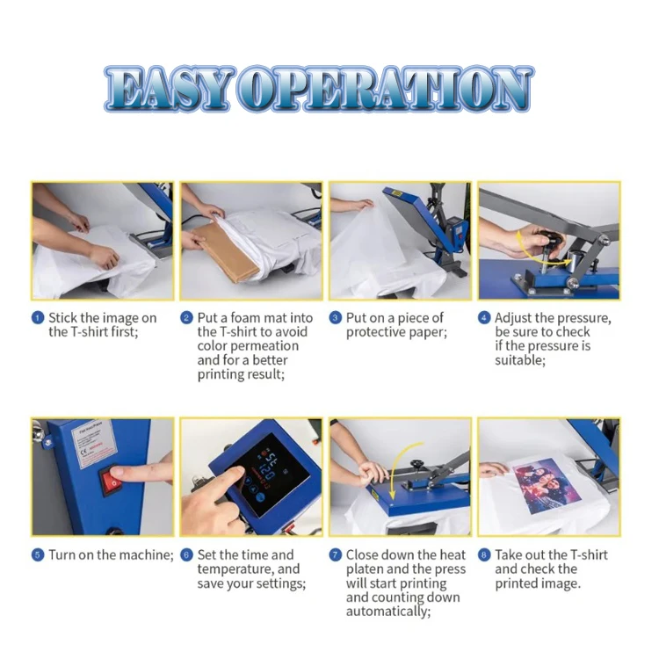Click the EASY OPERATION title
[318, 89]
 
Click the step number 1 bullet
[38, 318]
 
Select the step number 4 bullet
[484, 318]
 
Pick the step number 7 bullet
[336, 555]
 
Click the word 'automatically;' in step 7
[387, 612]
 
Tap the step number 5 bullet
[38, 555]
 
